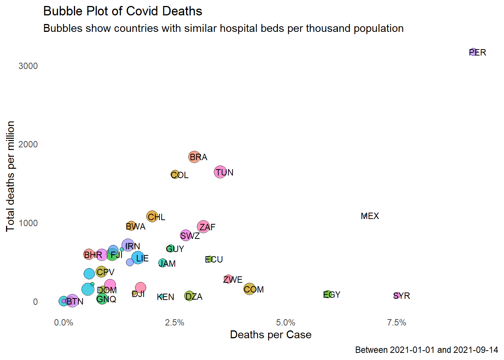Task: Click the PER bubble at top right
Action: [x=473, y=52]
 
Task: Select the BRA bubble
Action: [x=194, y=157]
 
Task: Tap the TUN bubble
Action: [x=220, y=172]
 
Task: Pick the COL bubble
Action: [x=175, y=175]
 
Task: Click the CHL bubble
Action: [x=152, y=216]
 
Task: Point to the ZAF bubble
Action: [x=203, y=226]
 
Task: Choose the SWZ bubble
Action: [x=186, y=235]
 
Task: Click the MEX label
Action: [x=370, y=216]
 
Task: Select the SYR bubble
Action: [x=397, y=295]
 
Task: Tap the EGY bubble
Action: [x=327, y=294]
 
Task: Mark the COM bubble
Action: [x=249, y=289]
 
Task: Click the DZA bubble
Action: [x=189, y=296]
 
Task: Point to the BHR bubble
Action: [x=88, y=255]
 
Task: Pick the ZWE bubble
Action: [x=228, y=279]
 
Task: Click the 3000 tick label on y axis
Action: [x=28, y=66]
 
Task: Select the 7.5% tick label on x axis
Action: [x=396, y=322]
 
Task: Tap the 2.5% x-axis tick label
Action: [x=174, y=322]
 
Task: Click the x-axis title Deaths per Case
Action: [x=270, y=334]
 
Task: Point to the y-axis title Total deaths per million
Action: [x=10, y=176]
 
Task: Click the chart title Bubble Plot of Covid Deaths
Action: [x=123, y=11]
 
